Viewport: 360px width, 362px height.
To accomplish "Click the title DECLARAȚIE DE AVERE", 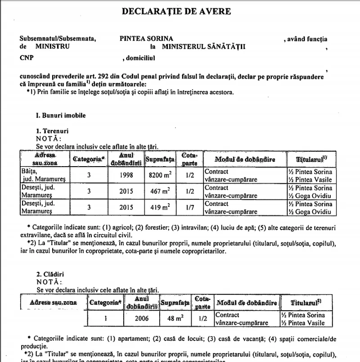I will [176, 11].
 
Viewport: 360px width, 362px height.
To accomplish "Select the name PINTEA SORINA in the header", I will [146, 39].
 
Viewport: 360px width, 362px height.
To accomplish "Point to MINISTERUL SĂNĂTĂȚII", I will [204, 46].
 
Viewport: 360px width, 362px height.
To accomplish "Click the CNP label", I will [26, 58].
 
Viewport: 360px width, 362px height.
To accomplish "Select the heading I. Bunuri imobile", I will [60, 115].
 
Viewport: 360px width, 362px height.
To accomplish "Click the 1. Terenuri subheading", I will [52, 131].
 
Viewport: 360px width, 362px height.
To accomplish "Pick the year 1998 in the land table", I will [126, 175].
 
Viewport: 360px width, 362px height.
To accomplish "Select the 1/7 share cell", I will [189, 208].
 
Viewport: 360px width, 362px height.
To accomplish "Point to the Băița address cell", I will [44, 175].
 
